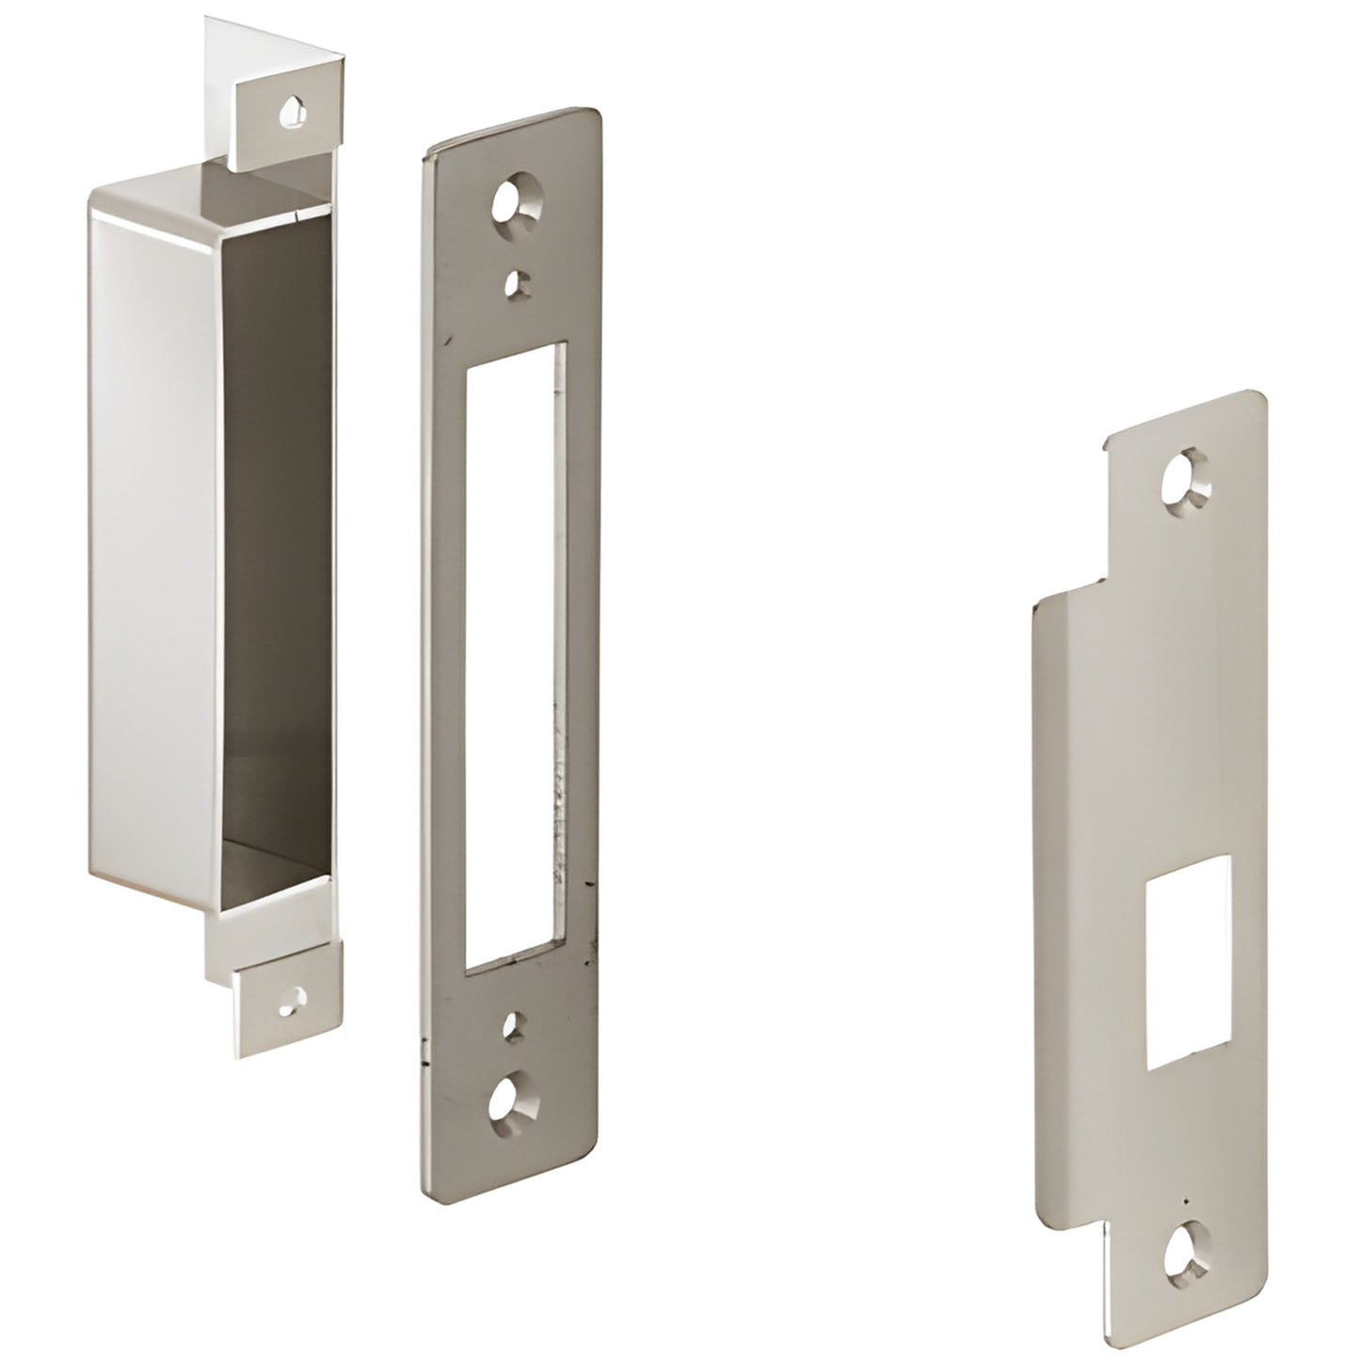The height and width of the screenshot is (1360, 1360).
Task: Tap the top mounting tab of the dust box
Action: (287, 118)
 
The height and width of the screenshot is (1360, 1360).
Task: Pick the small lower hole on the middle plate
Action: (512, 1026)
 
